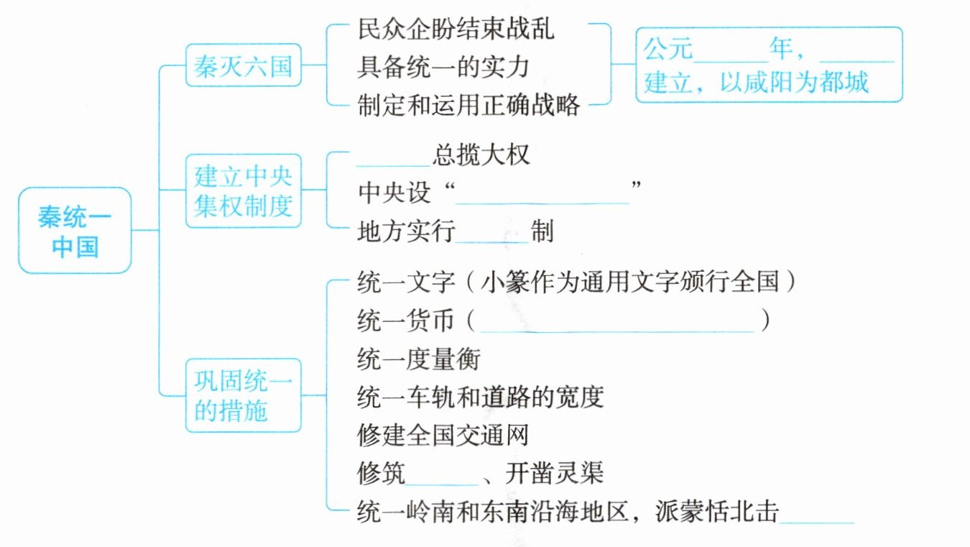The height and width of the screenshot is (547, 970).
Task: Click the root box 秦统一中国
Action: [75, 230]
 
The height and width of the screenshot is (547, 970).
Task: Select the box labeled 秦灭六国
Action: [243, 66]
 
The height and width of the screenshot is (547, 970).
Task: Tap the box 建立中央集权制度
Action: [243, 190]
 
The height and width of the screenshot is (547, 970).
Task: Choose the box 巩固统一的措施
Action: [243, 395]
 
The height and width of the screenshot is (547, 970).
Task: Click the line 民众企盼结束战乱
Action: [456, 29]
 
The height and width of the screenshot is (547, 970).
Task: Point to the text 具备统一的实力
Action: [443, 68]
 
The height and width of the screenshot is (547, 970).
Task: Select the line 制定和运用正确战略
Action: [468, 106]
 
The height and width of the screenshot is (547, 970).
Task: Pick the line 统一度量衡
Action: [417, 358]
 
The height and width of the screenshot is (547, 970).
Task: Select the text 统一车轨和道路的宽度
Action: [479, 396]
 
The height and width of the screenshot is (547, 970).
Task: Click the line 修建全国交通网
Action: [443, 435]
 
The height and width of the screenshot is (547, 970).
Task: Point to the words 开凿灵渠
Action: [554, 474]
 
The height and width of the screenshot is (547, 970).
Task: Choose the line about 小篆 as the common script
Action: [576, 282]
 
